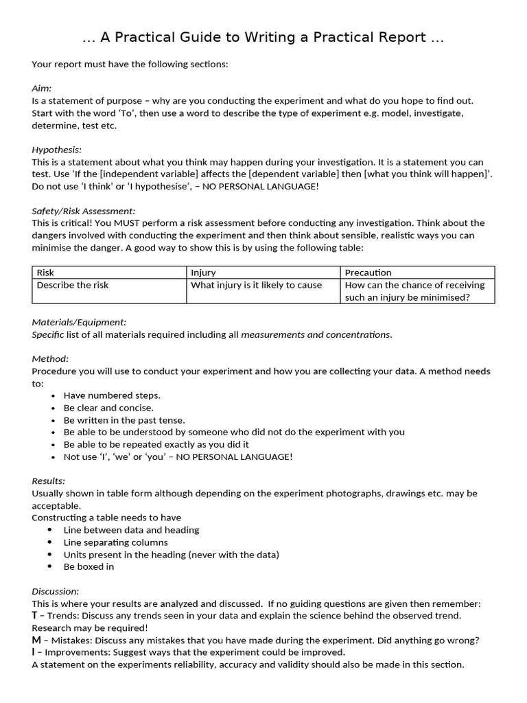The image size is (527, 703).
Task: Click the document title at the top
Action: (263, 38)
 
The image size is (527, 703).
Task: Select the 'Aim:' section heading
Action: (42, 89)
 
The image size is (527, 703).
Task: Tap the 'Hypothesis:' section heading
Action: (56, 150)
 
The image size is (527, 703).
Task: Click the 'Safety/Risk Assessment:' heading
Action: (84, 211)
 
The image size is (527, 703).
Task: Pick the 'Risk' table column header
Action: (45, 273)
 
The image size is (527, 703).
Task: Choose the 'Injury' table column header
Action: (203, 273)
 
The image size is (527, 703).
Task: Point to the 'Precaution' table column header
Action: (368, 273)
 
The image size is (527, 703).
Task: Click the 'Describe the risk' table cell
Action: (73, 285)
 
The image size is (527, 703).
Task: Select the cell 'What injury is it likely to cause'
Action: (256, 285)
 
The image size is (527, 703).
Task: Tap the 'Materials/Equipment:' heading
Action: (79, 322)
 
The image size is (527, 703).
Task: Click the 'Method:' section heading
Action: (50, 359)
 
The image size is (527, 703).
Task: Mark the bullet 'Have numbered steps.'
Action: (112, 395)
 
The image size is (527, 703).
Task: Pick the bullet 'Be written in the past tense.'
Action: (124, 420)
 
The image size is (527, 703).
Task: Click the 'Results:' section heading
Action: (48, 481)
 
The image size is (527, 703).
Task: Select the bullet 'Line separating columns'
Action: (115, 542)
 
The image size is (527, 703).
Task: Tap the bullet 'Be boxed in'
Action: (89, 567)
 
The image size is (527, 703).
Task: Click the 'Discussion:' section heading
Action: (56, 591)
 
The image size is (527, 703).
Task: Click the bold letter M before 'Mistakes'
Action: (36, 641)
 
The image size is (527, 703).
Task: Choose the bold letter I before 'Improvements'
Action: (34, 652)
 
